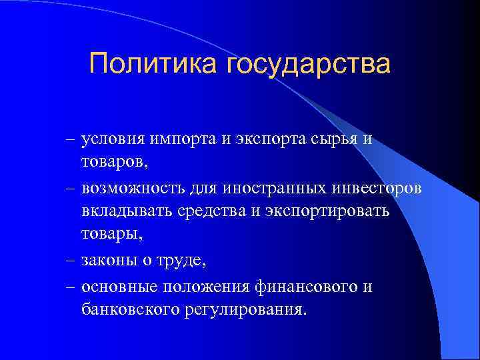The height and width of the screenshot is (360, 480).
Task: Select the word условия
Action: tap(116, 141)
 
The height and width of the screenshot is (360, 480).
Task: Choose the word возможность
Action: tap(135, 189)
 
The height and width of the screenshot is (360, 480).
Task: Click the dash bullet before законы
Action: tap(71, 261)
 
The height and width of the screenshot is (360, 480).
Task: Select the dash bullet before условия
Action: tap(71, 141)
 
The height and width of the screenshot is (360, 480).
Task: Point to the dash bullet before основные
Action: tap(71, 286)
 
